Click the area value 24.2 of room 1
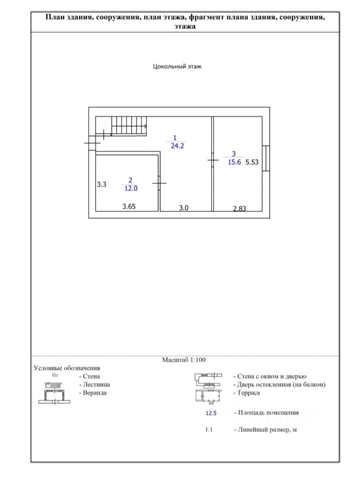[x=175, y=146]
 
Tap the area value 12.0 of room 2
[x=130, y=188]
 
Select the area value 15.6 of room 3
[x=234, y=162]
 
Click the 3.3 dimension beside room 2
[x=101, y=184]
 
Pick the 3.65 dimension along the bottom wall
[x=129, y=206]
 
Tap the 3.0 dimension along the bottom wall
[x=183, y=208]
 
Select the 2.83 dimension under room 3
[x=239, y=209]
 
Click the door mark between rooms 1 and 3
[x=213, y=160]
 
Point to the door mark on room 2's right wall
[x=159, y=184]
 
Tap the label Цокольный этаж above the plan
[x=177, y=66]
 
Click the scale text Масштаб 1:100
[x=184, y=359]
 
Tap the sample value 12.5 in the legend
[x=211, y=413]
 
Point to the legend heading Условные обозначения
[x=66, y=368]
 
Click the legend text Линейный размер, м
[x=265, y=429]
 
